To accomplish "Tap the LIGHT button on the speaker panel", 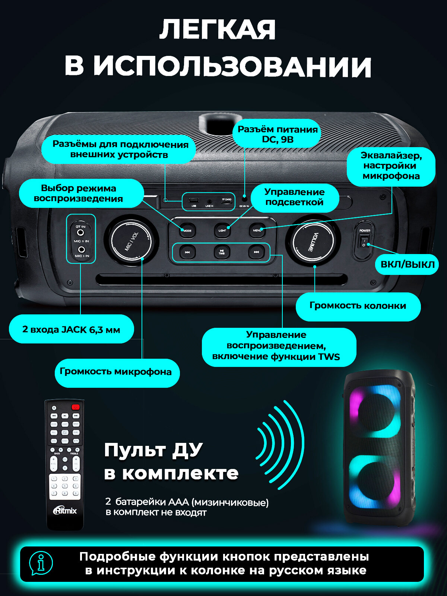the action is (x=222, y=230).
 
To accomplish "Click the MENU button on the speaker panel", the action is (x=257, y=230).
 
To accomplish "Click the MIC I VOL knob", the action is (x=131, y=241).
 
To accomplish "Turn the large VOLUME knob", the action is (x=313, y=241).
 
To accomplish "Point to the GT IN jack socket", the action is (x=80, y=232).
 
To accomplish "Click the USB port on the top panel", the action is (x=194, y=200).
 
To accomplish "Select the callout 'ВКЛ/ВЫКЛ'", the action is (x=408, y=264).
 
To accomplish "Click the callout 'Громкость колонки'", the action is (x=358, y=306).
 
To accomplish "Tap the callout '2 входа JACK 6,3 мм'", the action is (x=72, y=329).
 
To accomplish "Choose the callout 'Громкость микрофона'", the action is (x=116, y=372).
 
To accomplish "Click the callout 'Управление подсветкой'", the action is (x=294, y=197).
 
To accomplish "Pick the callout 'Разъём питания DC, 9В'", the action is (x=278, y=134).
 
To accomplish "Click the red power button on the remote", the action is (x=76, y=407).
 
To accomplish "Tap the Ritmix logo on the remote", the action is (x=65, y=510).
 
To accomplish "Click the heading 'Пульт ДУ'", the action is (x=153, y=450).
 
